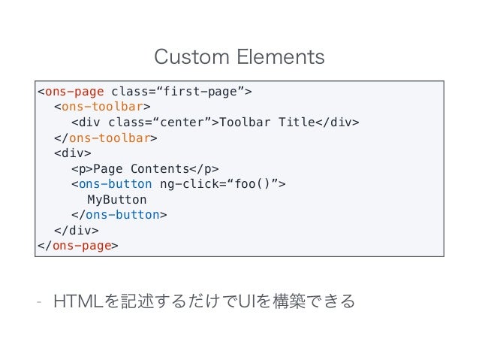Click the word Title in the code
point(296,123)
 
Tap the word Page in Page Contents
point(107,168)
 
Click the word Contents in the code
point(159,168)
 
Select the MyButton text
point(117,199)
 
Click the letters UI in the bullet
point(250,302)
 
